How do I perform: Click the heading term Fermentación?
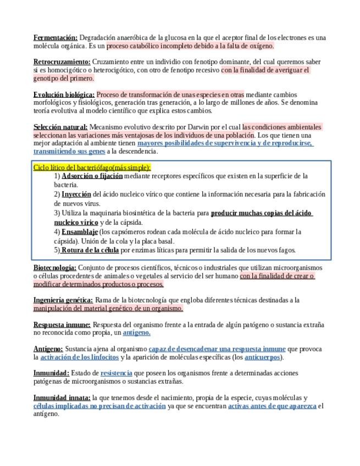(56, 37)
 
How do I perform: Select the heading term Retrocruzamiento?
(62, 62)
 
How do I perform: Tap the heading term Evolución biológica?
(64, 94)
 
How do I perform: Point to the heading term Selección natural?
(60, 127)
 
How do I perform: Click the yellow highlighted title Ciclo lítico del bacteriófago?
(92, 167)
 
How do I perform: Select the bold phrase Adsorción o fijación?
(92, 176)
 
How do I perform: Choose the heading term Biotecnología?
(56, 268)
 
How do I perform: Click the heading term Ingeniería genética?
(63, 300)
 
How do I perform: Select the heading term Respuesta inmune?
(62, 325)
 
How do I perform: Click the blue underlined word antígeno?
(136, 333)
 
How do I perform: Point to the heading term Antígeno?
(48, 349)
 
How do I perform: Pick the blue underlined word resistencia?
(116, 373)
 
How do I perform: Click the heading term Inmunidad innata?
(62, 397)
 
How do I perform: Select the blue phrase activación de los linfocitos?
(79, 357)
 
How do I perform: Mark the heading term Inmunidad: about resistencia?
(51, 373)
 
